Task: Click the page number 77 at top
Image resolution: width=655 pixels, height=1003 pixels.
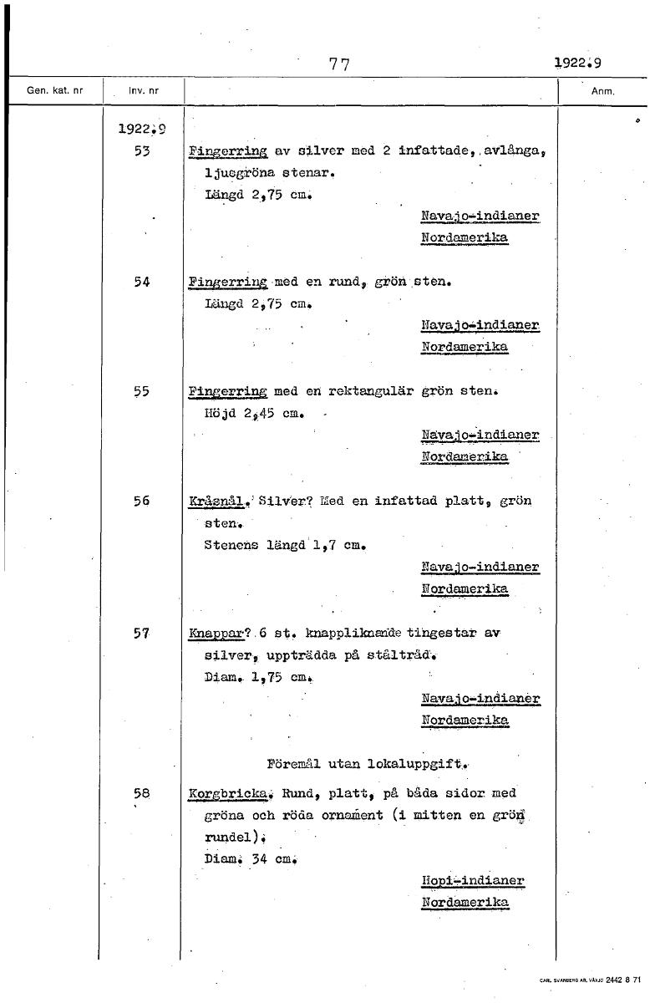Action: coord(338,64)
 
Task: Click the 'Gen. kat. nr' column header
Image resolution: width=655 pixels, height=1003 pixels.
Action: coord(55,90)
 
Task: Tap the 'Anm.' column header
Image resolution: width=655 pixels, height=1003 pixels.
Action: coord(602,91)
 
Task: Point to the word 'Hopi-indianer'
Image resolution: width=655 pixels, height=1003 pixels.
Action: coord(473,881)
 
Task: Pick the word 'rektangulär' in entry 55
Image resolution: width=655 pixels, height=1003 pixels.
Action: coord(361,390)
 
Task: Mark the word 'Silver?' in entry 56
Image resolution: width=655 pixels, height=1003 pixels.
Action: coord(284,501)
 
